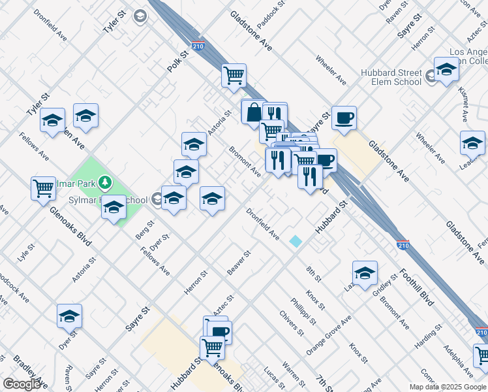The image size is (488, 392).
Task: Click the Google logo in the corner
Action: pos(22,384)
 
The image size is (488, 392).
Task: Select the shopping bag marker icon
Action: pos(253,112)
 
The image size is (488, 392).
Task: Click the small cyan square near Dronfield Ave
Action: pos(296,241)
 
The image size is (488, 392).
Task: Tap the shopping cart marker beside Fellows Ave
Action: pos(43,188)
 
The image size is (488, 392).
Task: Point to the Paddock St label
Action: pos(271,14)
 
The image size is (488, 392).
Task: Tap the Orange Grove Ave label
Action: pos(328,335)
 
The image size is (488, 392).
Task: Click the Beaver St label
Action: pos(239,262)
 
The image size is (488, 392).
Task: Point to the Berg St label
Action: pos(145,230)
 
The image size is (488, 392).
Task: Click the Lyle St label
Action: pos(26,252)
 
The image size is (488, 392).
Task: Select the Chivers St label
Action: pos(292,323)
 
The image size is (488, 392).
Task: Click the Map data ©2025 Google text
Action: pos(447,387)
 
